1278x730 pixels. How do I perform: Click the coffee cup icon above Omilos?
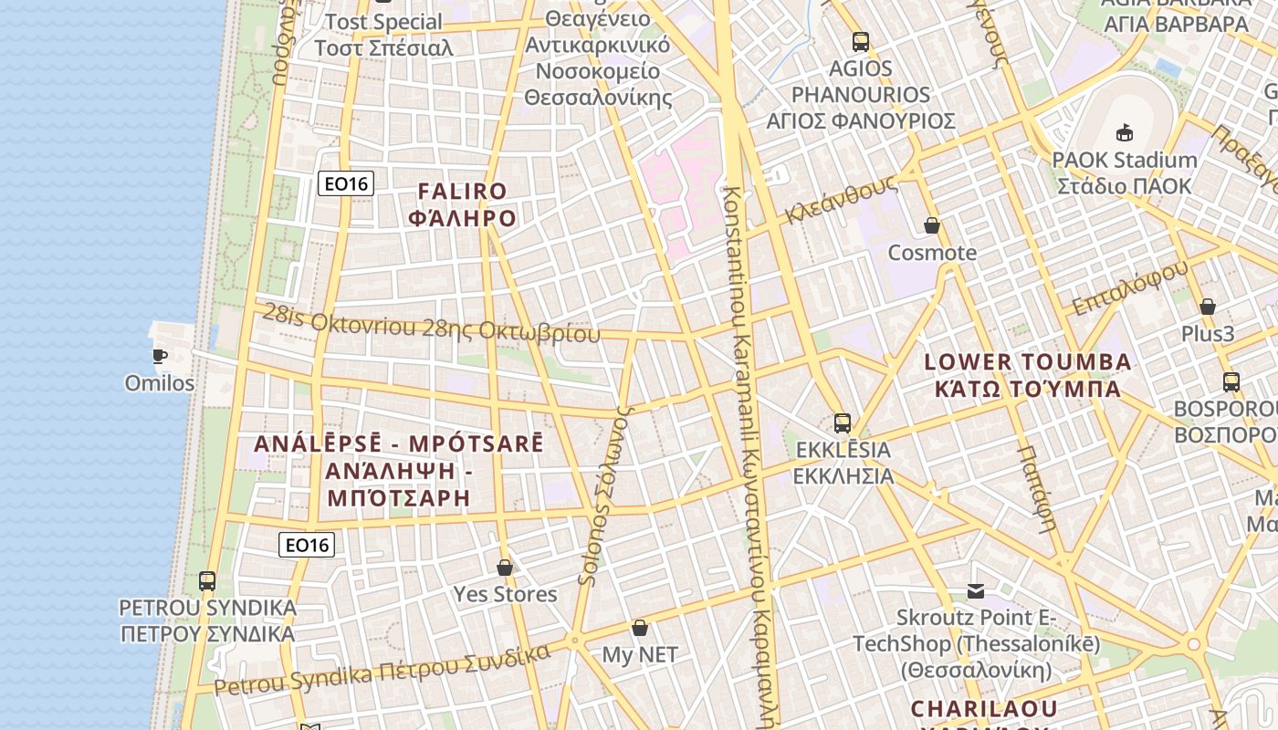(x=160, y=355)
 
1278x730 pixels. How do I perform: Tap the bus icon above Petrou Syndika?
(x=207, y=580)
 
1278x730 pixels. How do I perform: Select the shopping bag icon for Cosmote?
(x=932, y=225)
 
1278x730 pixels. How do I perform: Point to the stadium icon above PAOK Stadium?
(x=1124, y=133)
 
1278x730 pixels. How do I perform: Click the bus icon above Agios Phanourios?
(x=860, y=41)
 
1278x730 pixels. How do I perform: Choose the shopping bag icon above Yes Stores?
(x=505, y=568)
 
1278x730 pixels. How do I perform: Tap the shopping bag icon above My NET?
(x=640, y=628)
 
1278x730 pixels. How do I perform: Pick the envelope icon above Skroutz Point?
(x=976, y=591)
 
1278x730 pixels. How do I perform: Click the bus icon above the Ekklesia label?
(x=842, y=423)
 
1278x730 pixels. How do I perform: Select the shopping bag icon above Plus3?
(x=1207, y=307)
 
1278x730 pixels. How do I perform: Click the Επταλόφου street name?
(x=1131, y=287)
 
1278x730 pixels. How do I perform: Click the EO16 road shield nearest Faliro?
(x=346, y=184)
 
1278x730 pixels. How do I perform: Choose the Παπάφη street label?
(x=1037, y=488)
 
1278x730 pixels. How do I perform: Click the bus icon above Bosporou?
(x=1231, y=382)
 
